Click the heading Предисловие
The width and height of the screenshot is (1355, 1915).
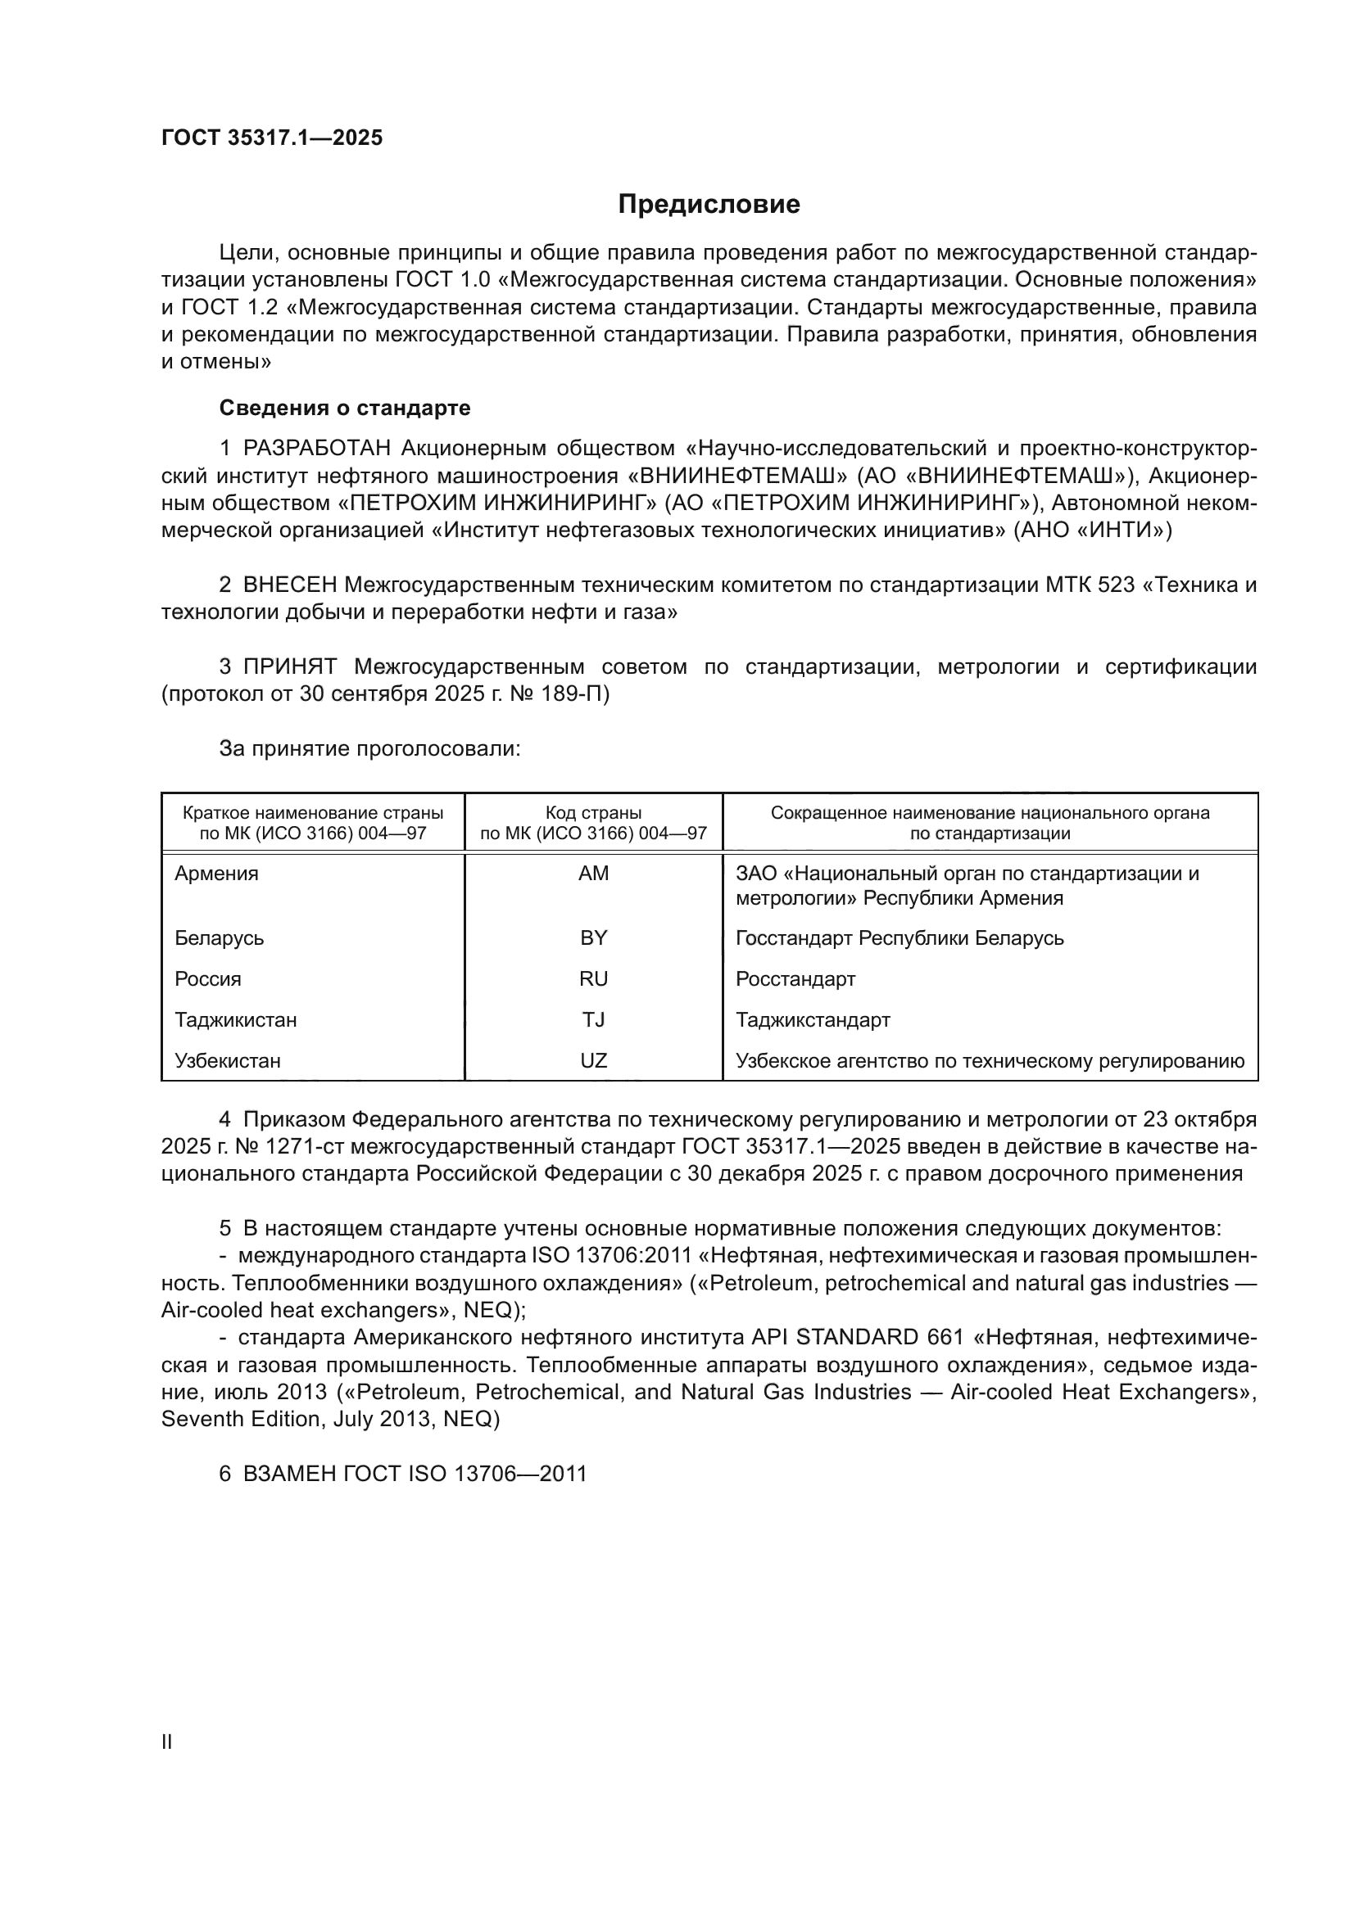click(709, 205)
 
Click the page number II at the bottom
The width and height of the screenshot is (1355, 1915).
click(167, 1741)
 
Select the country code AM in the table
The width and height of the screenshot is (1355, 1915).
click(593, 874)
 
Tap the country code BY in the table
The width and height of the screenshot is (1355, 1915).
click(593, 937)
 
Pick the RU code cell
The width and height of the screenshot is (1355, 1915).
click(593, 978)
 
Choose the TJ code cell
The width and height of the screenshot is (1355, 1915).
click(593, 1019)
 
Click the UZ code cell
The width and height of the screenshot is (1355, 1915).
click(593, 1060)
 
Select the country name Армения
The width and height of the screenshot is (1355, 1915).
click(217, 874)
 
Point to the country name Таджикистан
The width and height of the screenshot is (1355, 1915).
click(236, 1019)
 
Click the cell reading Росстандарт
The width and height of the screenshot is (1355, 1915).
click(795, 978)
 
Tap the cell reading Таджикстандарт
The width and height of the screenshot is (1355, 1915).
click(813, 1019)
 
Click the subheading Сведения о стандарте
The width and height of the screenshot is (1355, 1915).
click(345, 408)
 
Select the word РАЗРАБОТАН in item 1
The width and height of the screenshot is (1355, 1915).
click(316, 449)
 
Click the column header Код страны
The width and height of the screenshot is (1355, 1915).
click(593, 812)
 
